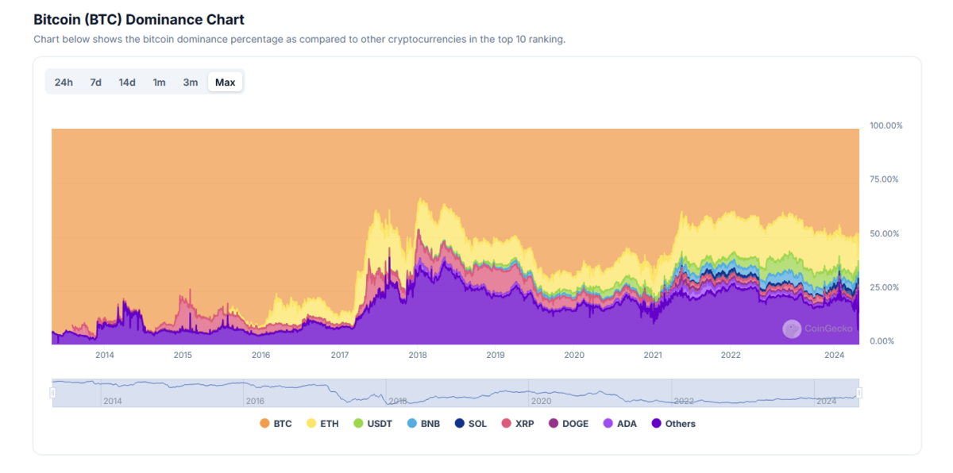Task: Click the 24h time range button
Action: click(x=64, y=83)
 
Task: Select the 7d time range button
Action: click(x=95, y=83)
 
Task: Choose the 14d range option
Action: click(x=127, y=83)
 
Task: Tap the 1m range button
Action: click(x=159, y=83)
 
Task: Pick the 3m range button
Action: click(x=191, y=83)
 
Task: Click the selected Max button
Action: click(x=226, y=83)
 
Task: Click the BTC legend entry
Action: click(x=276, y=424)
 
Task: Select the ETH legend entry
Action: click(x=322, y=424)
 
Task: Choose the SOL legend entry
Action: click(x=470, y=424)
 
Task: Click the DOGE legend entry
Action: click(x=568, y=424)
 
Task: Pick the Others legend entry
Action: click(x=673, y=424)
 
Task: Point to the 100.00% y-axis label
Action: click(x=885, y=125)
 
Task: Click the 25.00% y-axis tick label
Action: click(x=884, y=287)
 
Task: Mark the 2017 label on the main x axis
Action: click(x=340, y=356)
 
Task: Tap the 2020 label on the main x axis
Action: click(x=574, y=356)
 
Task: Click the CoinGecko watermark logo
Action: click(x=792, y=329)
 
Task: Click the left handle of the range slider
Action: click(x=53, y=393)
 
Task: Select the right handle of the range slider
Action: click(x=858, y=393)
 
